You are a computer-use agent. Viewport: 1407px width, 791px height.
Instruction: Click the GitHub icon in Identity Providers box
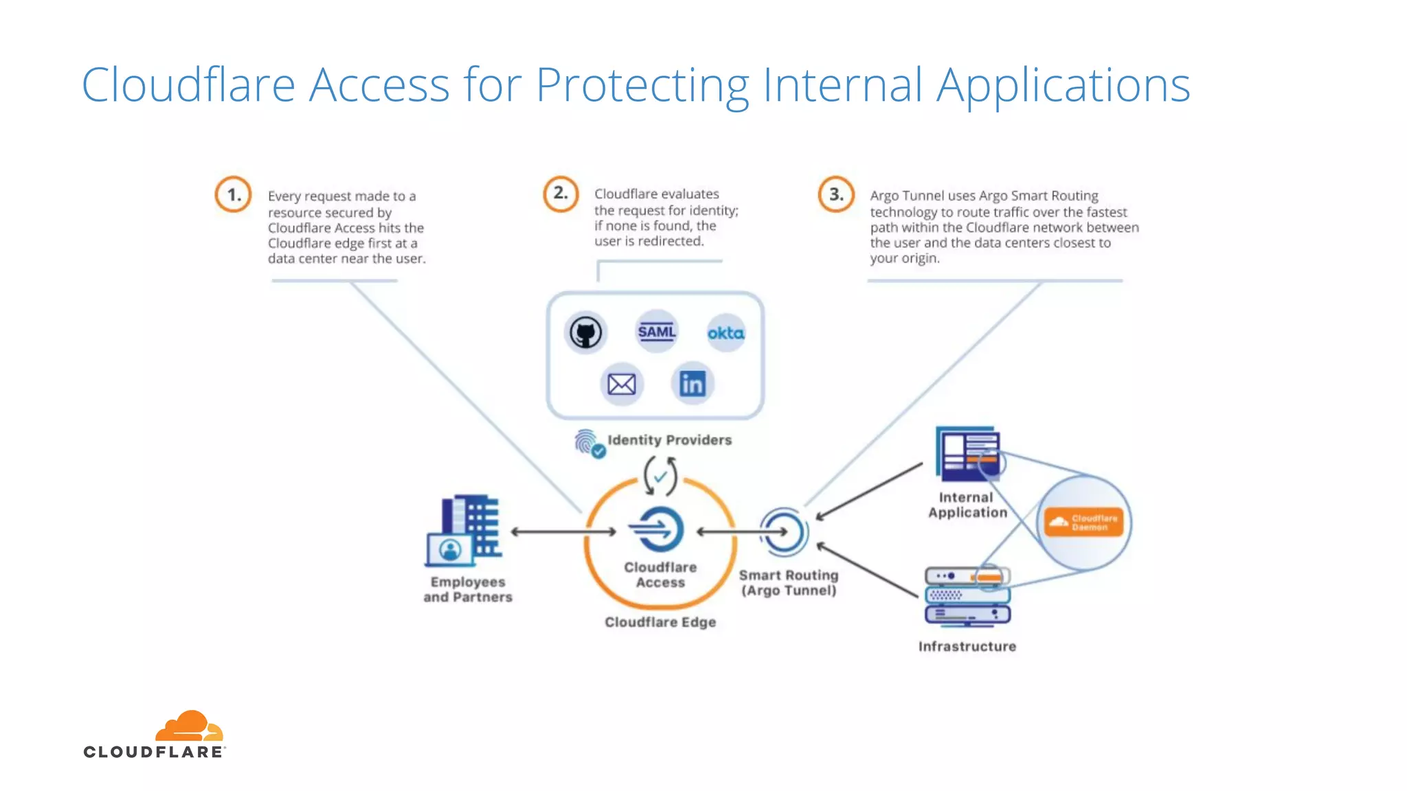(x=585, y=333)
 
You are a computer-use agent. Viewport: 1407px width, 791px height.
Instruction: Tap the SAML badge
(x=656, y=332)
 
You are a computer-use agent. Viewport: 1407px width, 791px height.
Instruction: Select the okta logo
(x=725, y=333)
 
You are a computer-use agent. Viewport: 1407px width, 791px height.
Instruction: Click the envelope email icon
(x=621, y=384)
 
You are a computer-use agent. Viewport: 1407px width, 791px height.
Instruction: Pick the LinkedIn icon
(x=692, y=383)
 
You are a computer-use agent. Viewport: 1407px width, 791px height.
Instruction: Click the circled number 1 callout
(x=233, y=194)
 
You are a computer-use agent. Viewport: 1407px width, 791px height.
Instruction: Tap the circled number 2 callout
(x=561, y=193)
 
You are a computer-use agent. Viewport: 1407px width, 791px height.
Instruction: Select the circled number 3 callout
(x=835, y=194)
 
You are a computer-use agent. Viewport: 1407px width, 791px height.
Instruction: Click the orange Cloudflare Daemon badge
(x=1083, y=523)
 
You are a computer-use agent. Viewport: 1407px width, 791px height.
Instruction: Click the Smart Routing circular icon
(x=784, y=531)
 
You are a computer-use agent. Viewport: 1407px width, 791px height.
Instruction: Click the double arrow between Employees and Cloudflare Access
(x=563, y=531)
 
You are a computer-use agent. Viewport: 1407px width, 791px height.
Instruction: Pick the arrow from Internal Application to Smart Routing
(x=869, y=491)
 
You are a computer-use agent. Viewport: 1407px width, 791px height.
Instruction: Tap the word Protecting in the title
(x=642, y=85)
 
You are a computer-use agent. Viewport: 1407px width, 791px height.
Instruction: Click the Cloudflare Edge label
(x=660, y=622)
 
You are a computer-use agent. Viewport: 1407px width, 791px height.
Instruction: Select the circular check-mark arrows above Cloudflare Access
(x=660, y=476)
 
